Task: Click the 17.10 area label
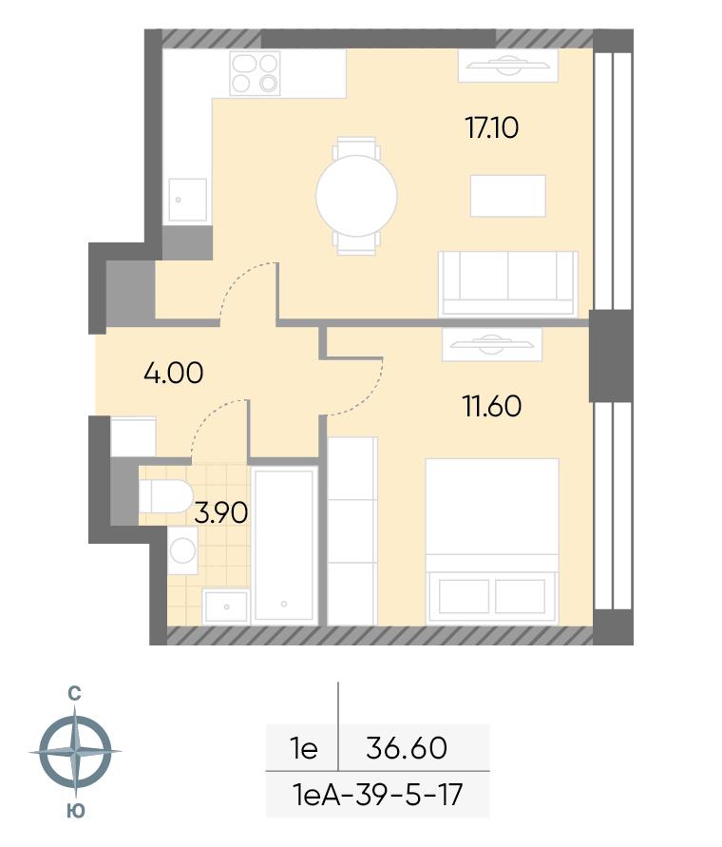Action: [x=491, y=128]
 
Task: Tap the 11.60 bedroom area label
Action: [x=492, y=406]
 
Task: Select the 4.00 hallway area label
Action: [x=173, y=373]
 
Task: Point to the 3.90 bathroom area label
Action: [x=220, y=512]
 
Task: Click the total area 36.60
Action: [x=407, y=748]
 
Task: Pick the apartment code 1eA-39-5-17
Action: [x=377, y=795]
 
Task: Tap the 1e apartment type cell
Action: [x=304, y=749]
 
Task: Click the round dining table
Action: [x=356, y=196]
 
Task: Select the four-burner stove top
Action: [x=255, y=73]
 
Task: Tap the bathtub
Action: [x=284, y=546]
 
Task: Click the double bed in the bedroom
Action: [x=492, y=541]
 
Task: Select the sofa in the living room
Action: [x=508, y=283]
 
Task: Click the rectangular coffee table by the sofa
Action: [x=507, y=196]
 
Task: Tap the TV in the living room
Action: [x=507, y=66]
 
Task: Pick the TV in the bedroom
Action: [x=491, y=344]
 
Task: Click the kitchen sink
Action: [x=187, y=200]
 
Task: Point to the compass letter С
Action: [x=74, y=694]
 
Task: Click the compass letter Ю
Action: [x=76, y=811]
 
